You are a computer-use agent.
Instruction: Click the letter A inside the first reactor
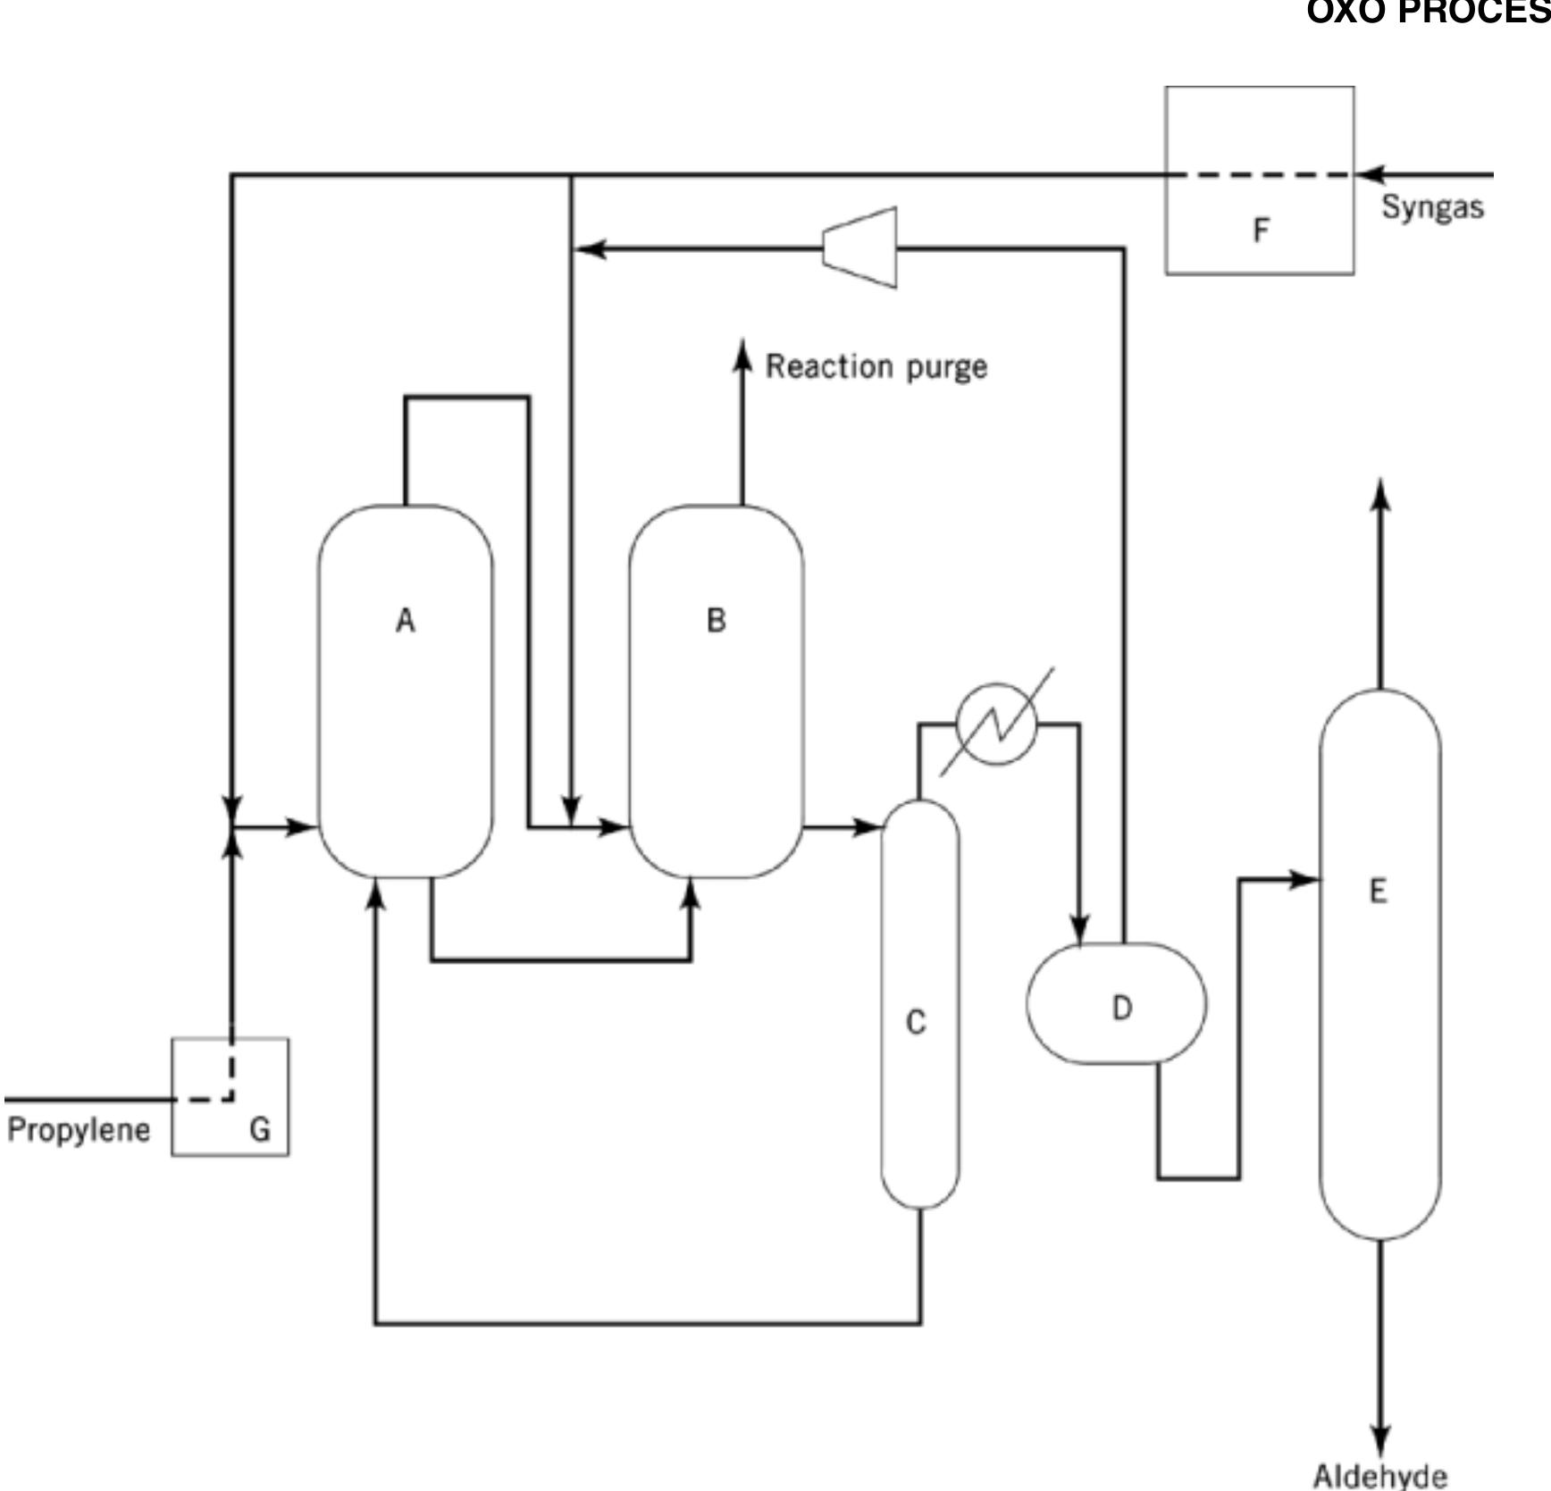coord(406,620)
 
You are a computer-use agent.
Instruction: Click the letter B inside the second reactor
coord(716,620)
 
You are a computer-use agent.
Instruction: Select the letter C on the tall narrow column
coord(916,1022)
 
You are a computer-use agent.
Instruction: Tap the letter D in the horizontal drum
coord(1122,1008)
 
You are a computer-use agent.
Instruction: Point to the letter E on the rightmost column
coord(1379,891)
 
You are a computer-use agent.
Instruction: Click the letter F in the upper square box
coord(1261,230)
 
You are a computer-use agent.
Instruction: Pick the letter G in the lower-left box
coord(259,1129)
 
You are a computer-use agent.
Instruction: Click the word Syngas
coord(1432,206)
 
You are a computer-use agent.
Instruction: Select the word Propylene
coord(79,1129)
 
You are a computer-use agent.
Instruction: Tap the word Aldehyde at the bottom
coord(1379,1475)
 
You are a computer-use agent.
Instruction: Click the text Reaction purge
coord(876,367)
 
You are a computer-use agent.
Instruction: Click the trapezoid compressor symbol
coord(860,248)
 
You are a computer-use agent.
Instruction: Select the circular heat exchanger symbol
coord(996,725)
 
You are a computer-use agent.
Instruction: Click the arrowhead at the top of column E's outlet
coord(1380,494)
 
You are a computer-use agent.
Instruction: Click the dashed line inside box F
coord(1260,175)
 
